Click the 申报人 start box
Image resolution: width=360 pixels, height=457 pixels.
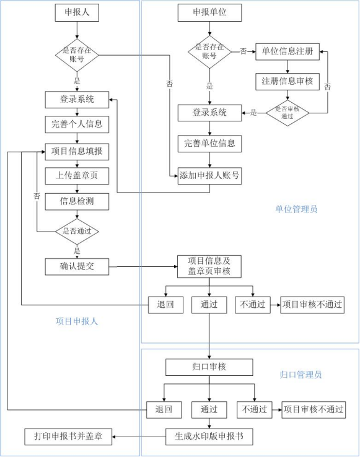[77, 12]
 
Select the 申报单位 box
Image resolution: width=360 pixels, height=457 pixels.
[209, 12]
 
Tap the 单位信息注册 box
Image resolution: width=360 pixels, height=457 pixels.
[287, 51]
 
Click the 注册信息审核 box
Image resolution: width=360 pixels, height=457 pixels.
[287, 81]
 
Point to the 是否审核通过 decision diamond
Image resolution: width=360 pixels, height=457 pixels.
[287, 112]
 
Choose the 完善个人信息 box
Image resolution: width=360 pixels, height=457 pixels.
[77, 124]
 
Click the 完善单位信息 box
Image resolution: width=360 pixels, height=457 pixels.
[209, 144]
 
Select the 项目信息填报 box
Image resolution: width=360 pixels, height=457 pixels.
[77, 150]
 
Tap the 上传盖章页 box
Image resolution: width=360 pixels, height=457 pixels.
[77, 176]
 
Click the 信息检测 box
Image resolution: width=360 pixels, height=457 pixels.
[77, 201]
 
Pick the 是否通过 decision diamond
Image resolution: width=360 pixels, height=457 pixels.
[77, 232]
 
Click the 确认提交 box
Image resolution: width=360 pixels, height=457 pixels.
[77, 267]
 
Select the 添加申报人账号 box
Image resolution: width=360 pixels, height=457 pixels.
[209, 175]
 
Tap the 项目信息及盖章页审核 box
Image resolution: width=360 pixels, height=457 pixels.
[209, 266]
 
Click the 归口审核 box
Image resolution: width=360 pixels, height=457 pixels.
[209, 367]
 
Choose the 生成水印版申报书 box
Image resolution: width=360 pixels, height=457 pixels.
[209, 437]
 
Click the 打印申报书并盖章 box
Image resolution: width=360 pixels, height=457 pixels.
[68, 436]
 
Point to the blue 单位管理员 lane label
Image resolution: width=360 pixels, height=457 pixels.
[296, 209]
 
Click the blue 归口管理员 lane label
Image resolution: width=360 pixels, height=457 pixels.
[301, 375]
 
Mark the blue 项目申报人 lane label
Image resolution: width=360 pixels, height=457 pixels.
[77, 321]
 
